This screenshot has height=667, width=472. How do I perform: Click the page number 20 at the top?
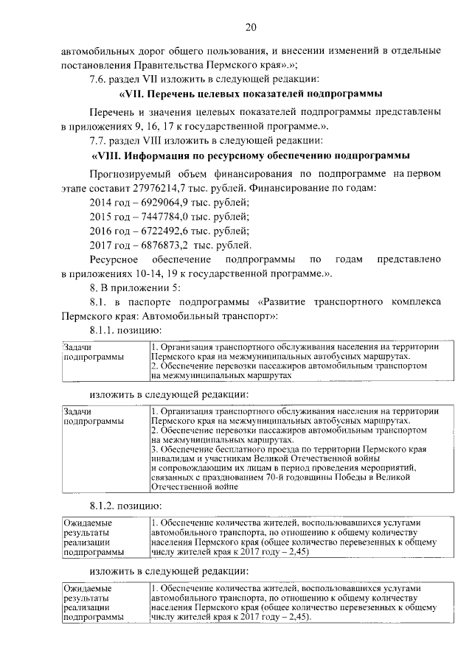(251, 27)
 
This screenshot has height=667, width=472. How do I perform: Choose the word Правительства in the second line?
(159, 63)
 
